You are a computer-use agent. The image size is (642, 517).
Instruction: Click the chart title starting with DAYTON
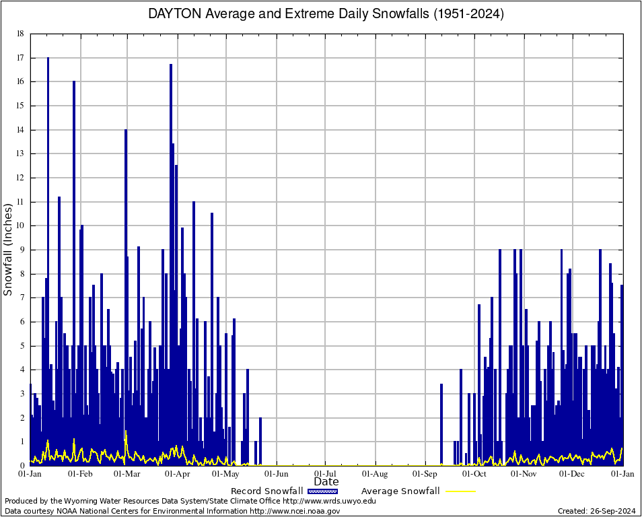[326, 14]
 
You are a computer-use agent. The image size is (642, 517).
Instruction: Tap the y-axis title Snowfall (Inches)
[9, 249]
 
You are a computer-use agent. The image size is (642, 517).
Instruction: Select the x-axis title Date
[326, 481]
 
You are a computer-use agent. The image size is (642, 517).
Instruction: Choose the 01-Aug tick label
[376, 473]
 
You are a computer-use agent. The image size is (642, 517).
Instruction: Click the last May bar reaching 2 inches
[260, 441]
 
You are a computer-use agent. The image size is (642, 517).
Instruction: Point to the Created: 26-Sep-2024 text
[596, 511]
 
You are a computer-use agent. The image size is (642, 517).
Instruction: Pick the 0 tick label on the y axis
[22, 466]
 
